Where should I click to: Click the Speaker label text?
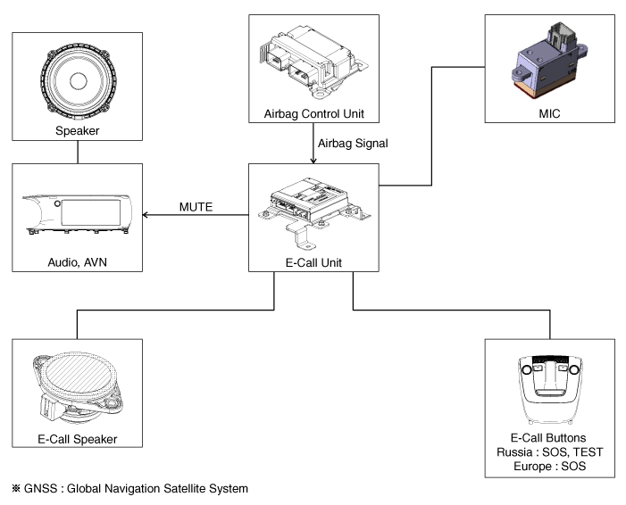point(78,132)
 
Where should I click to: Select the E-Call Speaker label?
point(78,437)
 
